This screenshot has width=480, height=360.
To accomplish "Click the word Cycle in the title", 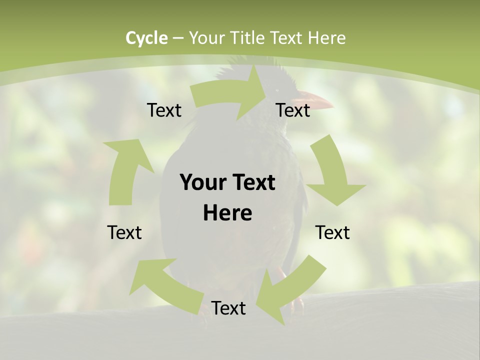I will point(146,38).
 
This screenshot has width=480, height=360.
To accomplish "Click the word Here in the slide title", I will point(327,38).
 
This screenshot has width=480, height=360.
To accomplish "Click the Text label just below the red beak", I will point(293,110).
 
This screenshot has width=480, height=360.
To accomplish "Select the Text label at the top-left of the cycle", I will point(164,110).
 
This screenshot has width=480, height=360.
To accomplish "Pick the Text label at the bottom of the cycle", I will point(228,308).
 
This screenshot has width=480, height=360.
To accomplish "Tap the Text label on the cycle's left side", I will point(124,232).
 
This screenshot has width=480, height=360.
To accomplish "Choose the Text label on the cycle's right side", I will point(332,232).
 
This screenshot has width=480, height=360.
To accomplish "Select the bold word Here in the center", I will point(227,213).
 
